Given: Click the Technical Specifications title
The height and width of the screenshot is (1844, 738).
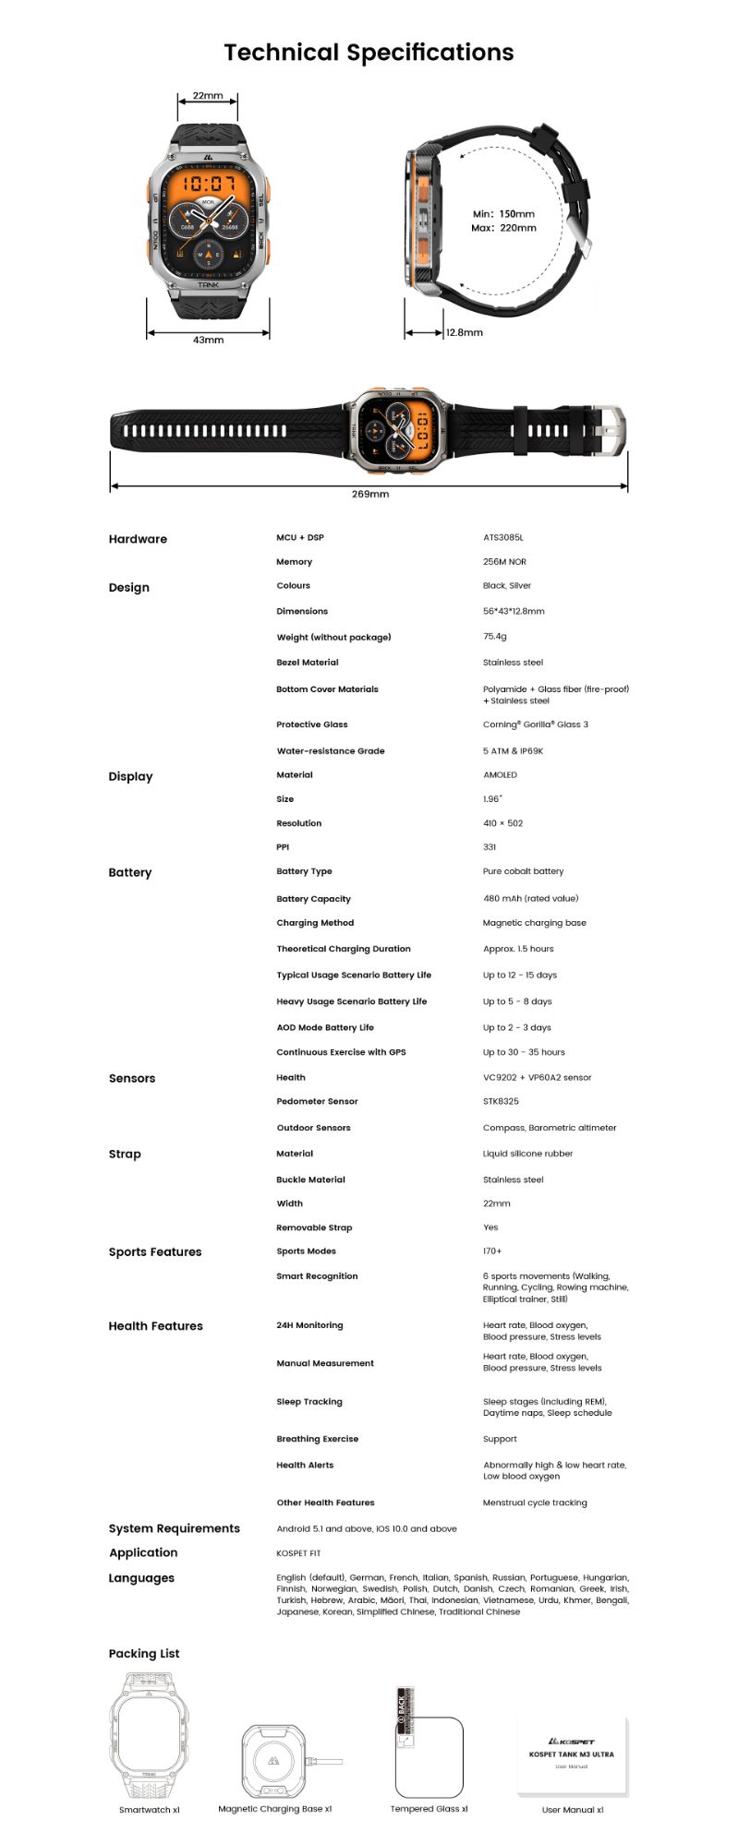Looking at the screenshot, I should coord(369,53).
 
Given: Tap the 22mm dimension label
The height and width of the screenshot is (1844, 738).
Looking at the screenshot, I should coord(208,96).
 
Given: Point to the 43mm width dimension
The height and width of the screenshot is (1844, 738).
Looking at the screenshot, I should coord(208,340).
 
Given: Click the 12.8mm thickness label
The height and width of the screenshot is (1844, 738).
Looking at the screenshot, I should coord(464,332).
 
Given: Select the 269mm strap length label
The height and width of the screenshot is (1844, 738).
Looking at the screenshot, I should coord(369,494).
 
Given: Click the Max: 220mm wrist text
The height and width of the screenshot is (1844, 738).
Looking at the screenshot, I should coord(503,228).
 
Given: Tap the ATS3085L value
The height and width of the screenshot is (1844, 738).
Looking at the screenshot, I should coord(503,537).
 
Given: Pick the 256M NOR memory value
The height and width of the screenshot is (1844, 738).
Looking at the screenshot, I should coord(504,561).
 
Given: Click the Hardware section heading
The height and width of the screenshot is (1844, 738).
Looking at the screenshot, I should coord(138,539).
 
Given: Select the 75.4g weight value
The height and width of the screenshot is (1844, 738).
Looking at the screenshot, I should coord(494,636).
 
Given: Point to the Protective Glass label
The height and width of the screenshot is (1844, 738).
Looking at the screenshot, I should coord(312,724).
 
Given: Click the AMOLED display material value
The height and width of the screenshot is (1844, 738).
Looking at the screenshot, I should coord(500,775).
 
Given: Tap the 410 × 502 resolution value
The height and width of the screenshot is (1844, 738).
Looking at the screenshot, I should coord(502,823).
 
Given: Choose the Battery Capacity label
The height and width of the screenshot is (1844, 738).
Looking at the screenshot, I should coord(313,899).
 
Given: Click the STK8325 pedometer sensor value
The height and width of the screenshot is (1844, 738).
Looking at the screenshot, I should coord(501,1101).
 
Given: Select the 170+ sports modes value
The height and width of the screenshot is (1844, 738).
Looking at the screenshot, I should coord(492,1251).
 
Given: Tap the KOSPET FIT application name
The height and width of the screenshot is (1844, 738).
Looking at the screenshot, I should coord(298,1552).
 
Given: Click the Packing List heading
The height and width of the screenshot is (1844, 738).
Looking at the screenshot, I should coord(144,1653).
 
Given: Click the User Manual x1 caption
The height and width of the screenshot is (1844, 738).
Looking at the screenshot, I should coord(573,1809).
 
